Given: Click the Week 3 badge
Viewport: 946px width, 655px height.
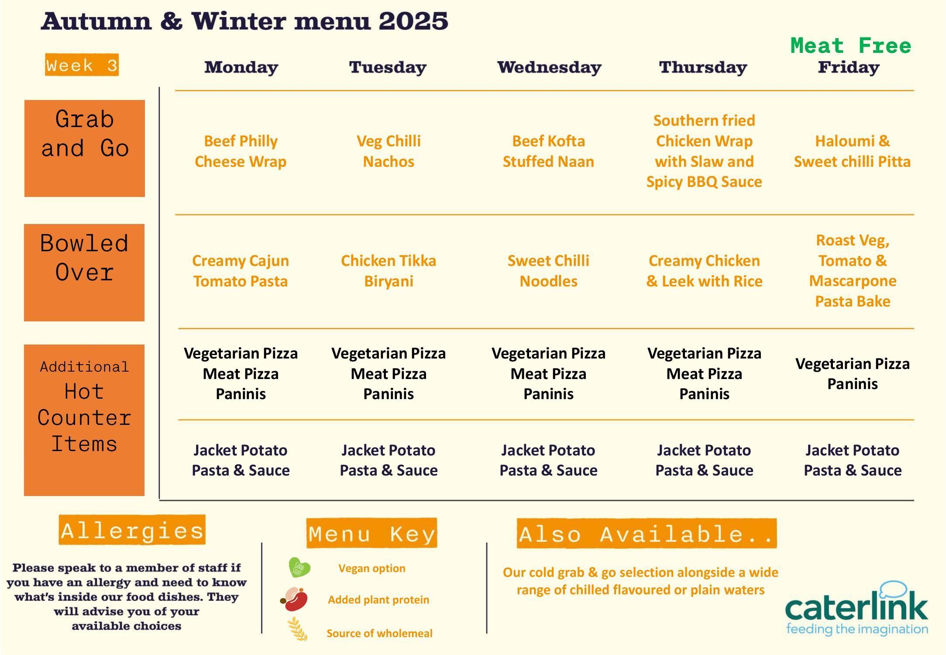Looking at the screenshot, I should [x=82, y=65].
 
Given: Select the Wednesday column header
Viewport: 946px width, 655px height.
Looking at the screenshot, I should [x=549, y=67].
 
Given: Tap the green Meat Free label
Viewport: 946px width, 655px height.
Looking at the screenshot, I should [x=850, y=46].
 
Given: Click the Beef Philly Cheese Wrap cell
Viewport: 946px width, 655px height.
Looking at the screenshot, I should [x=241, y=151].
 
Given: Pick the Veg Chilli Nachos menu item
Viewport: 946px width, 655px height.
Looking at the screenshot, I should [x=389, y=151].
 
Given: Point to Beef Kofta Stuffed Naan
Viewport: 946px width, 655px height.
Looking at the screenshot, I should [x=548, y=151].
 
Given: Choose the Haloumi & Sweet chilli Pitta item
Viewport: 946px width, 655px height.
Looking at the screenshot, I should [x=852, y=151].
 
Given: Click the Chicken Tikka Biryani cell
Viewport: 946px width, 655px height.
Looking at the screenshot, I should [x=389, y=271].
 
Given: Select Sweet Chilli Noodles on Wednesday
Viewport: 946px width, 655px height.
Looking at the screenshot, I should [x=548, y=271].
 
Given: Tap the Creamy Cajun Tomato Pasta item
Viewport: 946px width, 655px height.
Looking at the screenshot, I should [x=241, y=271].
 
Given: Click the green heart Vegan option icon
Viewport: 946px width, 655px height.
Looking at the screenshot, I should [x=299, y=568].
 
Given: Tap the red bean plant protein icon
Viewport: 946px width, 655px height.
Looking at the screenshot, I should [x=295, y=599].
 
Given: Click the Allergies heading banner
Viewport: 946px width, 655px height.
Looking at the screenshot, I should [x=132, y=530].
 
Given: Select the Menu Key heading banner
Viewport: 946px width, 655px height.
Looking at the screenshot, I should [x=372, y=533].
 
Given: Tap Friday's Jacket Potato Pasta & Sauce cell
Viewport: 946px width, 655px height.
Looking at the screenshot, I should [x=852, y=460].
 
